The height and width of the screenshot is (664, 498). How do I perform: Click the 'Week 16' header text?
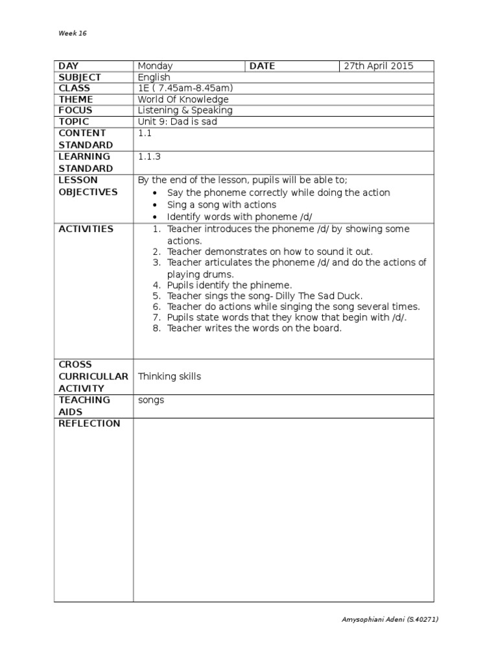coord(72,33)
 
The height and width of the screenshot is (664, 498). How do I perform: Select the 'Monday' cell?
coord(155,66)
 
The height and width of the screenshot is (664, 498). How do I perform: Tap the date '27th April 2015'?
coord(378,66)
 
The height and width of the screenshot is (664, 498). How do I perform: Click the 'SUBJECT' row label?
coord(80,77)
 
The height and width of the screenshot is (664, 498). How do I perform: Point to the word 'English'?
coord(154,77)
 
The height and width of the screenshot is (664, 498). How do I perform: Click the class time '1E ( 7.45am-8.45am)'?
coord(185,88)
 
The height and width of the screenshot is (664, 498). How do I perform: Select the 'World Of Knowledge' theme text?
coord(183,99)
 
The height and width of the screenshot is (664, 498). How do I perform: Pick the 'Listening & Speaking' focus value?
coord(185,110)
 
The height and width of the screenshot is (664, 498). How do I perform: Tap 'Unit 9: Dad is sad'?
coord(177,121)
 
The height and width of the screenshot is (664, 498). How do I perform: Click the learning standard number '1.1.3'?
coord(148,156)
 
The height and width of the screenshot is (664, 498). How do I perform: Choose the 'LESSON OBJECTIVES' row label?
coord(88,186)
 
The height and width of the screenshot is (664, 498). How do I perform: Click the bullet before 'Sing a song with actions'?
coord(154,206)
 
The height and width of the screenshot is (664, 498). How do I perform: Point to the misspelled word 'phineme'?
coord(271,285)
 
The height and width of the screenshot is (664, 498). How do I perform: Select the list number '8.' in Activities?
coord(156,328)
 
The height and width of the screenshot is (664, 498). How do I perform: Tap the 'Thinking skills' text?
coord(169,377)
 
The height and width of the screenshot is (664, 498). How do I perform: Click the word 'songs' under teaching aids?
coord(151,400)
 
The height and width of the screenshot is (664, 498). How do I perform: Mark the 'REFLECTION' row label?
coord(89,423)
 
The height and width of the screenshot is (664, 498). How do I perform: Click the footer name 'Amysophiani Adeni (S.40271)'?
coord(390,619)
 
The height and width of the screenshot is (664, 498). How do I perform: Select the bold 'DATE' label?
coord(262,66)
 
